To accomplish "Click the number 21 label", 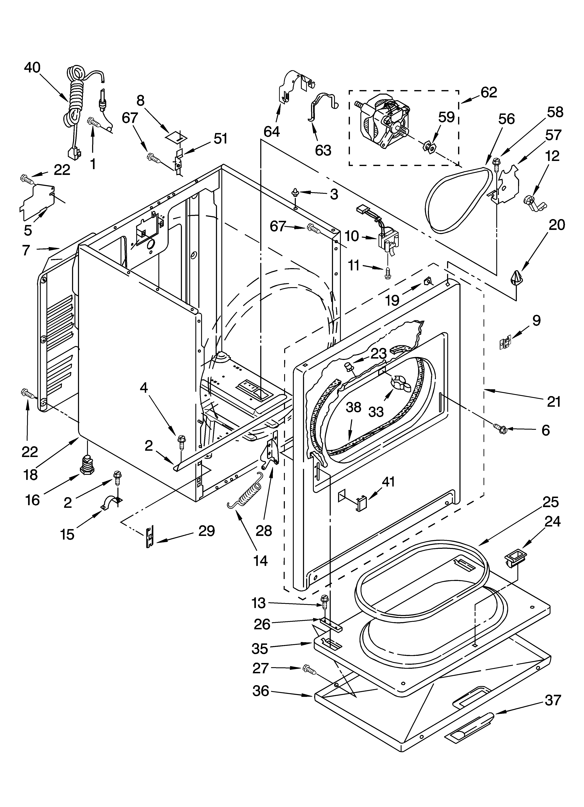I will [x=553, y=401].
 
